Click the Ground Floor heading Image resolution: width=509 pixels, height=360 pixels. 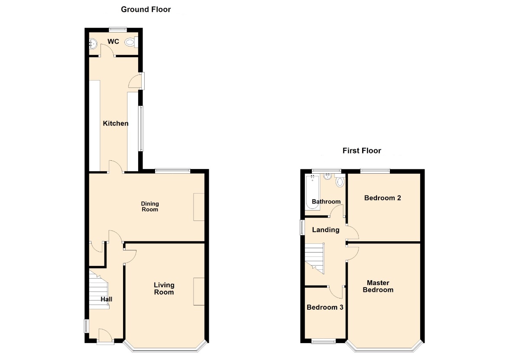pyautogui.click(x=146, y=10)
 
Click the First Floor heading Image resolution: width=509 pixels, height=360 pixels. pyautogui.click(x=362, y=151)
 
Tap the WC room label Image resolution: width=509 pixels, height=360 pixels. pyautogui.click(x=113, y=42)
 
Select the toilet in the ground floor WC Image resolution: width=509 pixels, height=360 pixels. pyautogui.click(x=131, y=42)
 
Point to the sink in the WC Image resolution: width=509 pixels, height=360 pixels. pyautogui.click(x=93, y=43)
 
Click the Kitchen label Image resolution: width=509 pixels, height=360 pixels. pyautogui.click(x=116, y=123)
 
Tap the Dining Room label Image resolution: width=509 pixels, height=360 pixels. pyautogui.click(x=149, y=207)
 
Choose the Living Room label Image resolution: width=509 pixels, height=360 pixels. pyautogui.click(x=164, y=289)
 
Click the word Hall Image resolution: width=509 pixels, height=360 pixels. pyautogui.click(x=107, y=299)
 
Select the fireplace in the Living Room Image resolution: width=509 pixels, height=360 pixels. pyautogui.click(x=199, y=291)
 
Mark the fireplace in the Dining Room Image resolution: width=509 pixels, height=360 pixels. pyautogui.click(x=199, y=207)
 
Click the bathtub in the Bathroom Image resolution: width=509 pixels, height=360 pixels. pyautogui.click(x=312, y=191)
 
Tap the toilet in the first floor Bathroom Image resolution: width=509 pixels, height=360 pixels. pyautogui.click(x=340, y=181)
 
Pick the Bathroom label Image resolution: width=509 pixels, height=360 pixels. pyautogui.click(x=326, y=201)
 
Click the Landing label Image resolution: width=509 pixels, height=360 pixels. pyautogui.click(x=326, y=230)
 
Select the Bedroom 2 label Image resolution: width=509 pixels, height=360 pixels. pyautogui.click(x=383, y=198)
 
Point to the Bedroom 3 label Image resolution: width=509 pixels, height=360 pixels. pyautogui.click(x=325, y=307)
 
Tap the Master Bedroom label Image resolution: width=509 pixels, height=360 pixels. pyautogui.click(x=378, y=286)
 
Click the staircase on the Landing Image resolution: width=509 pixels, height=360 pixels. pyautogui.click(x=314, y=258)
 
